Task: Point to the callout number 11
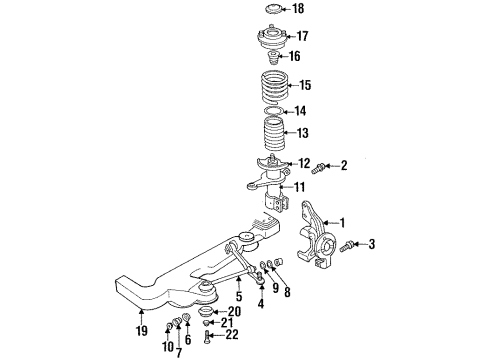point(300,187)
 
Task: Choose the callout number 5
point(238,297)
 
